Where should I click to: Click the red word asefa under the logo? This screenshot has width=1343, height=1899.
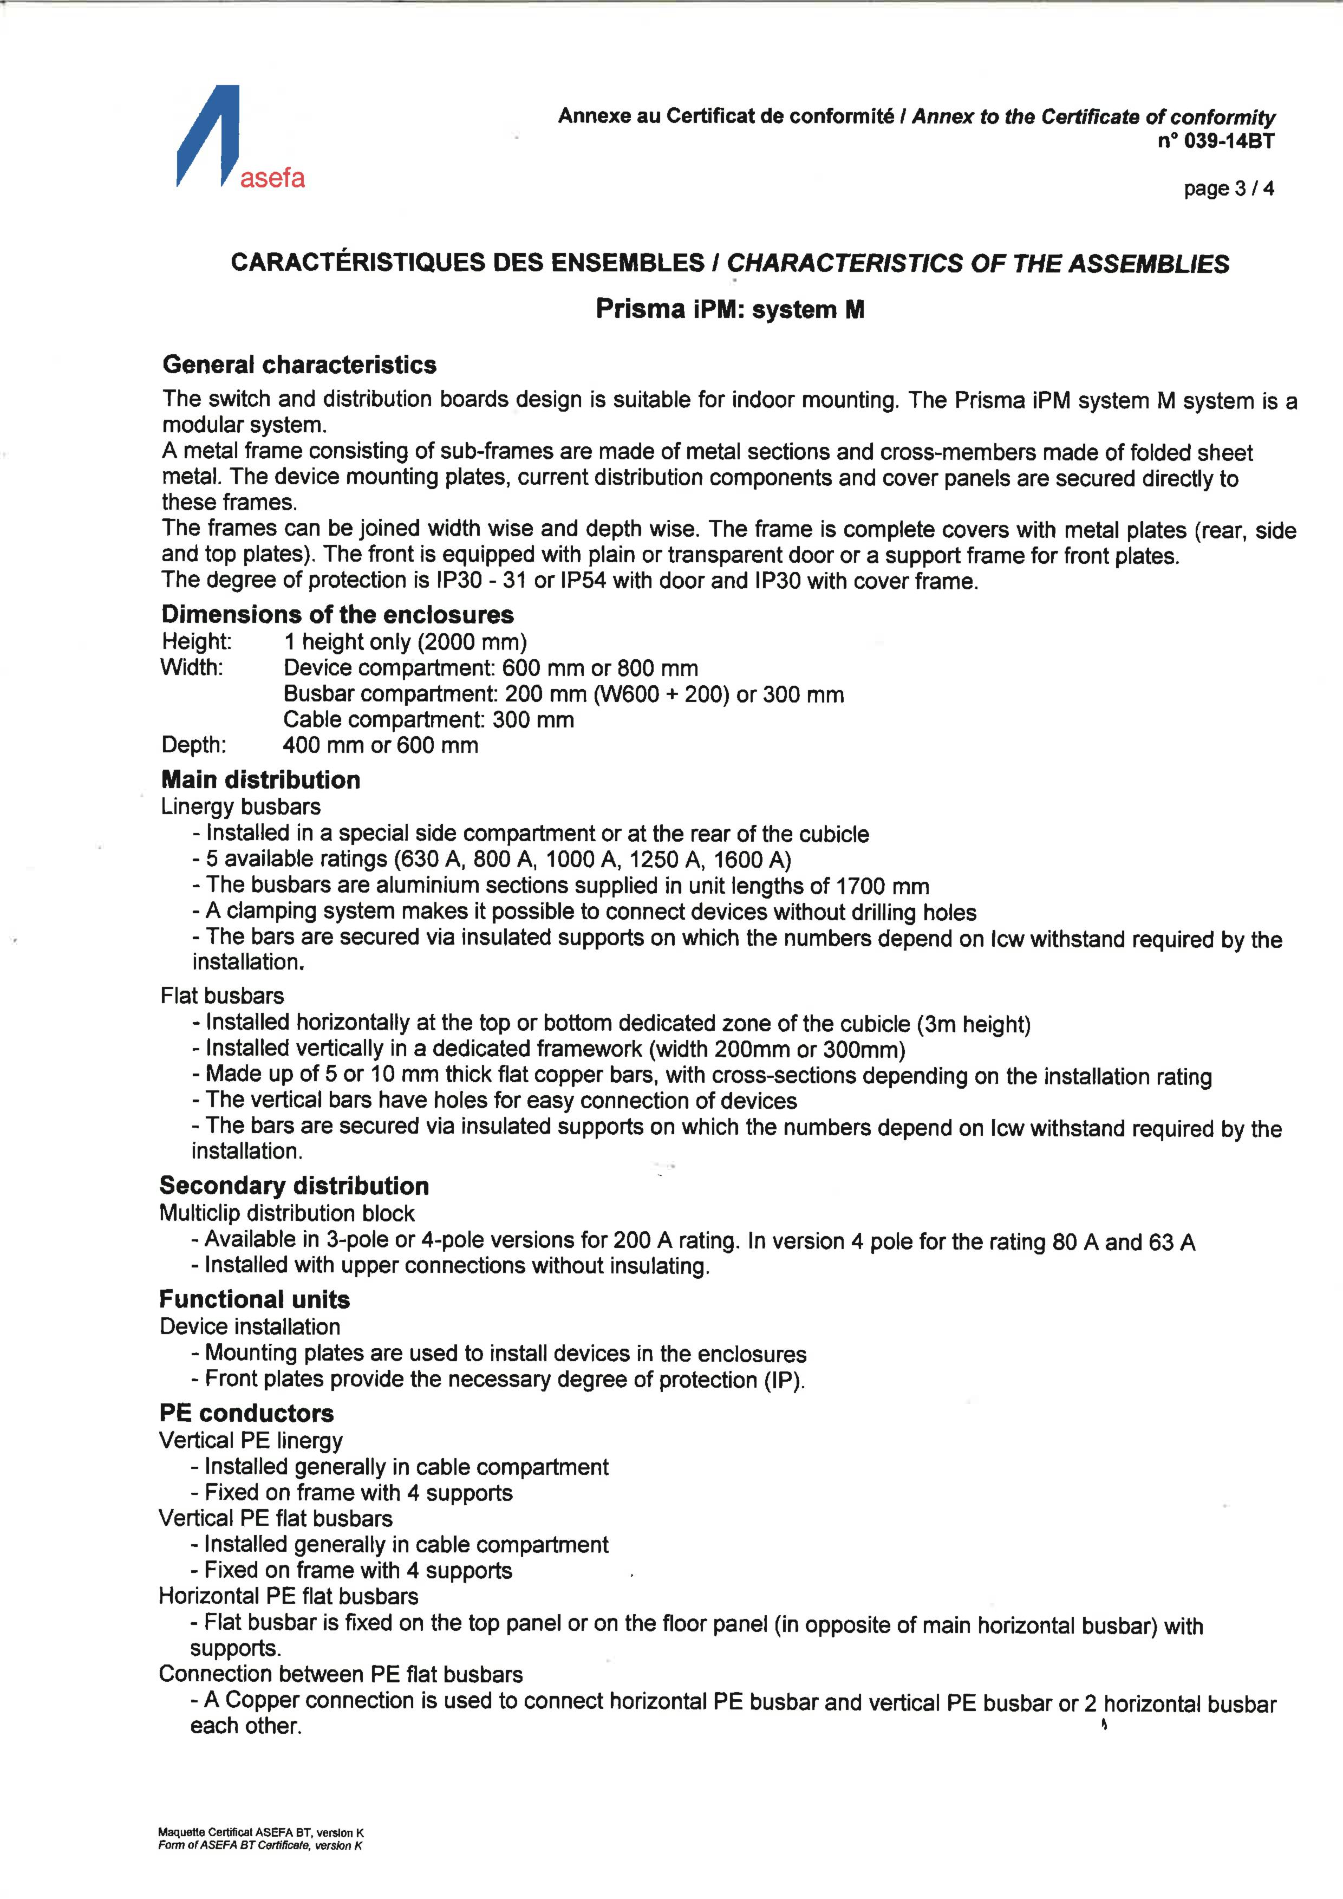(x=272, y=178)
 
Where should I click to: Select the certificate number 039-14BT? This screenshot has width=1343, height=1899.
(x=1228, y=141)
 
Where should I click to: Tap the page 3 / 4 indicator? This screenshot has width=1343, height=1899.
(x=1228, y=188)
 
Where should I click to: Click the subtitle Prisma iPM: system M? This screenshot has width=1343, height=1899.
(x=729, y=309)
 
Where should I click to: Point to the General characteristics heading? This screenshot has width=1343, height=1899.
(x=299, y=365)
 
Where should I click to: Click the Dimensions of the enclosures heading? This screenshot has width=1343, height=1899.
(x=337, y=615)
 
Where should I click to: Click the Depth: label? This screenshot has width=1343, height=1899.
(x=193, y=745)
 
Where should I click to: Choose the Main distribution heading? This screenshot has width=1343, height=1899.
(x=260, y=780)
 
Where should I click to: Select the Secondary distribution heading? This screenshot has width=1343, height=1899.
(x=295, y=1186)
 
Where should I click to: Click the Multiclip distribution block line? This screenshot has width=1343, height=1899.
(x=287, y=1213)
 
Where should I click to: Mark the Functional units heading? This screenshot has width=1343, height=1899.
(x=255, y=1299)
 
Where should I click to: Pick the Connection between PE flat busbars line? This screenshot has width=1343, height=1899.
(x=341, y=1674)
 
